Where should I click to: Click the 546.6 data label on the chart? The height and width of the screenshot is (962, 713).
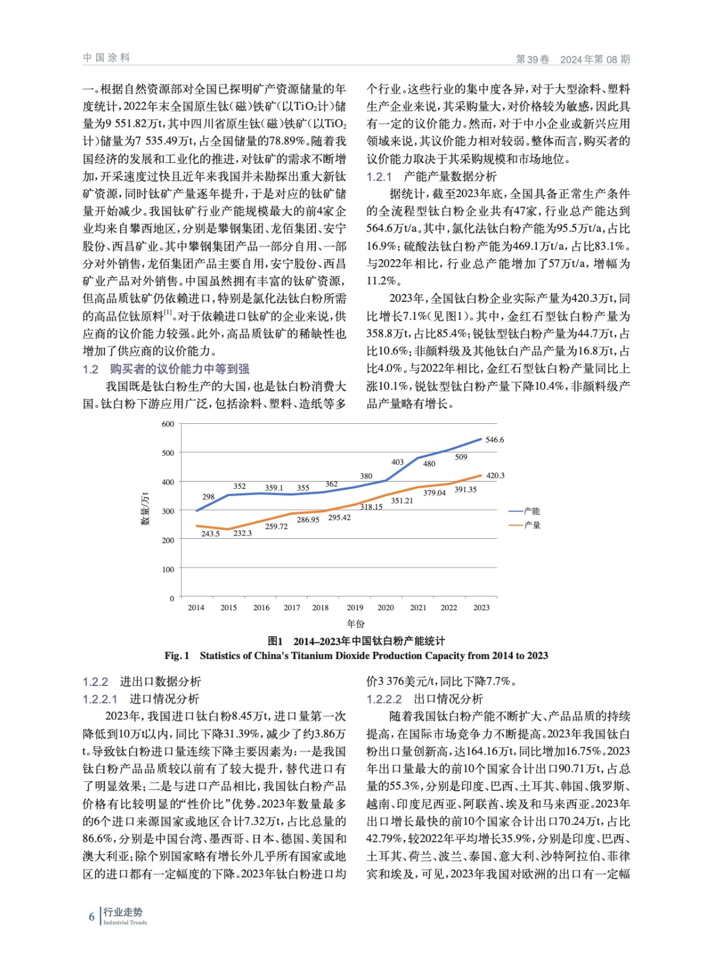(x=494, y=440)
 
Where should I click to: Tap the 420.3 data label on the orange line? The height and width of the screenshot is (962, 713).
(x=495, y=476)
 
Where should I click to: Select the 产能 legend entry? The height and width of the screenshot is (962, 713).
(x=531, y=511)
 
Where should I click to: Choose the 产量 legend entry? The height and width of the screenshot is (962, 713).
(x=531, y=525)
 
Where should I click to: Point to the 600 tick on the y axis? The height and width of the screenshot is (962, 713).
(x=168, y=424)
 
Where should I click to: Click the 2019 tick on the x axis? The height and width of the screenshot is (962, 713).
(x=355, y=607)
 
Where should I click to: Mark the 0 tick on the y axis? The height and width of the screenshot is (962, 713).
(x=172, y=598)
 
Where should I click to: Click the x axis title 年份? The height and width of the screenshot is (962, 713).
(x=356, y=623)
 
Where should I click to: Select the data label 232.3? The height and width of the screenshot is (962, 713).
(x=243, y=533)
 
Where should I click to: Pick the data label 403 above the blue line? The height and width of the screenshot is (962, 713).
(x=398, y=462)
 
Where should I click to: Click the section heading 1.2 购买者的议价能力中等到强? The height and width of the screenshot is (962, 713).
(x=166, y=369)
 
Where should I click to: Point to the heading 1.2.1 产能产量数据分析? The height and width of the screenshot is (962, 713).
(x=432, y=176)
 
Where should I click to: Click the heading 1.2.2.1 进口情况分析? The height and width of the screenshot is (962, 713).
(x=141, y=699)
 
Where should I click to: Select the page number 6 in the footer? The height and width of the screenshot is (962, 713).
(x=91, y=917)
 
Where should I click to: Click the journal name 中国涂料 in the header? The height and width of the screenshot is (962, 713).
(x=106, y=58)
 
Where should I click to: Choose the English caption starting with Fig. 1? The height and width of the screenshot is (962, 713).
(x=356, y=655)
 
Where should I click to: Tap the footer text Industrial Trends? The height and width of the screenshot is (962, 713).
(x=125, y=922)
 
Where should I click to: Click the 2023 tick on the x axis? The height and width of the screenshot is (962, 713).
(x=481, y=607)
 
